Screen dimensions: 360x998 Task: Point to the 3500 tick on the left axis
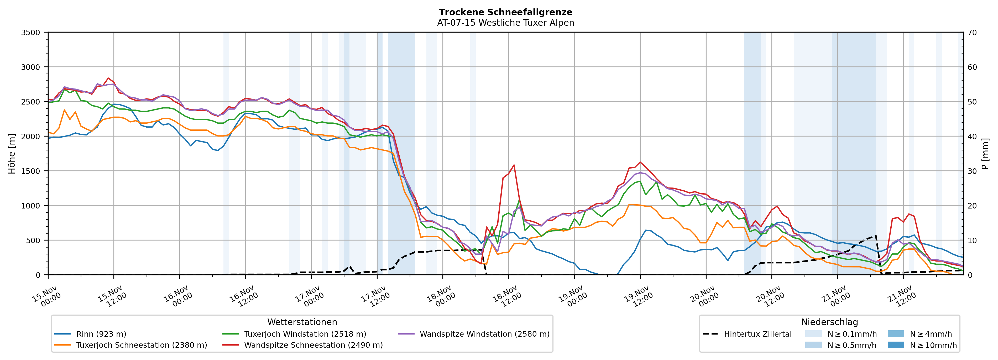(x=31, y=33)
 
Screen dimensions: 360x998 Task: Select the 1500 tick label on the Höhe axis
(x=31, y=171)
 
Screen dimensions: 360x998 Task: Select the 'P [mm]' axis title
(x=985, y=153)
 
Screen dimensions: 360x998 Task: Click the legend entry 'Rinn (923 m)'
(x=101, y=334)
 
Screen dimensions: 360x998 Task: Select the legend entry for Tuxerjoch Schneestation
(x=142, y=345)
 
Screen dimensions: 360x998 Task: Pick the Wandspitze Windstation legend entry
(x=484, y=334)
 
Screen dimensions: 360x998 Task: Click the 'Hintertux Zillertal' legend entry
(x=757, y=334)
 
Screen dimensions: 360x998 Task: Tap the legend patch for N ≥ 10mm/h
(x=895, y=345)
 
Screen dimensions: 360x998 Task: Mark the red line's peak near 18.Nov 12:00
(x=514, y=165)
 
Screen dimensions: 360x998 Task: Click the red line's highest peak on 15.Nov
(x=108, y=78)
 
